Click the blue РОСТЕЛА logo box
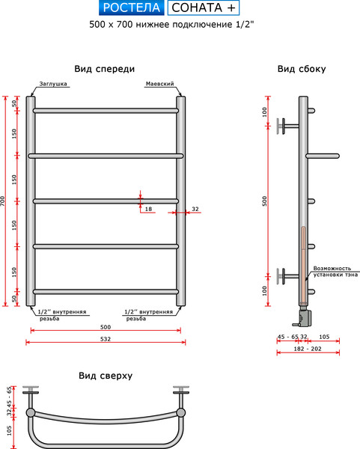(x=131, y=9)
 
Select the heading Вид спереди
(x=105, y=69)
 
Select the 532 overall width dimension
(x=105, y=338)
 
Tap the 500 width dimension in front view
(x=105, y=327)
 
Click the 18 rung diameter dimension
(x=148, y=209)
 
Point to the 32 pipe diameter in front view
(x=195, y=209)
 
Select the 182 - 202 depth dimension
(x=308, y=349)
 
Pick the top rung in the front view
(x=105, y=111)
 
